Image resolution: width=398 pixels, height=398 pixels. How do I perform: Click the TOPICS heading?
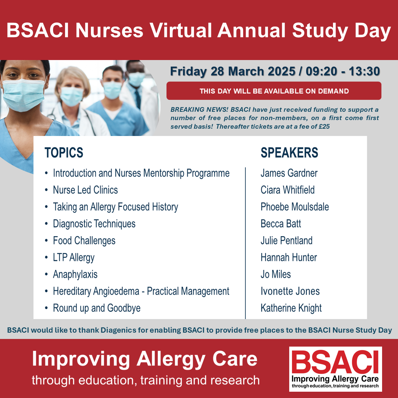(x=64, y=153)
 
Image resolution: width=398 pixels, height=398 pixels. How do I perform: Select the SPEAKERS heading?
(x=289, y=153)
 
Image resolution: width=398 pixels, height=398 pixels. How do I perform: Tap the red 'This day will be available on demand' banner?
(x=274, y=91)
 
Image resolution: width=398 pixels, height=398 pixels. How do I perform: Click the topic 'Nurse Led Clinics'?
(x=85, y=190)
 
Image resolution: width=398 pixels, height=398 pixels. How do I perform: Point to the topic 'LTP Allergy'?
(x=74, y=258)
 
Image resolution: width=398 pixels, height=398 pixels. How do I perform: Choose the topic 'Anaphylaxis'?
(x=75, y=275)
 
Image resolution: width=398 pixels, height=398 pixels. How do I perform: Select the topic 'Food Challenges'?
(x=84, y=240)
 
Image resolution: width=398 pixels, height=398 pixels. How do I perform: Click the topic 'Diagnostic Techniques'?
(x=94, y=224)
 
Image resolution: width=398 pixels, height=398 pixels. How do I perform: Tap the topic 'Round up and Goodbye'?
(x=97, y=308)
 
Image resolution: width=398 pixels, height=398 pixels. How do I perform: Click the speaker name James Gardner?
(x=289, y=173)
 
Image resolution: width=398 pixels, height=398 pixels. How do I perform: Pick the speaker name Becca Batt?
(x=281, y=224)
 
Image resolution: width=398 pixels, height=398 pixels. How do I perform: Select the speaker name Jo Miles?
(x=276, y=274)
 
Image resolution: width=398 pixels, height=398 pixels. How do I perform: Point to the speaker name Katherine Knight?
(x=291, y=308)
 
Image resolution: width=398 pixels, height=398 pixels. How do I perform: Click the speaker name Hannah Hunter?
(x=289, y=258)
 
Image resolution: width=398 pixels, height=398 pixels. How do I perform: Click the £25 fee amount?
(x=324, y=126)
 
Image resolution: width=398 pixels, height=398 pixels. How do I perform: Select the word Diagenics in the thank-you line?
(x=118, y=330)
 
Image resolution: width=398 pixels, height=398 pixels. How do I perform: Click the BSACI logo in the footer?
(x=335, y=369)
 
